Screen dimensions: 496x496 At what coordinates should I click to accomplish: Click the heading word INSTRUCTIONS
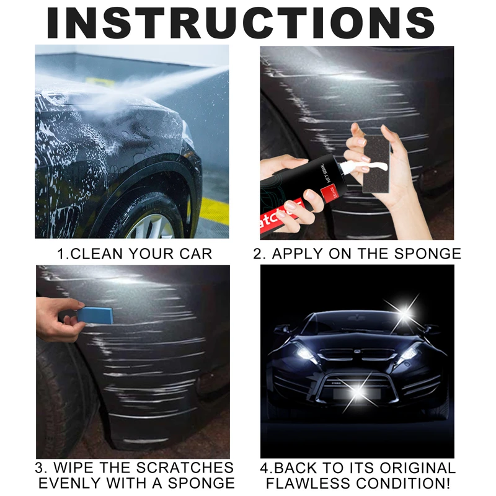pyautogui.click(x=248, y=23)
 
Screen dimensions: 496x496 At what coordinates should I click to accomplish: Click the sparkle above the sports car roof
pyautogui.click(x=410, y=308)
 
